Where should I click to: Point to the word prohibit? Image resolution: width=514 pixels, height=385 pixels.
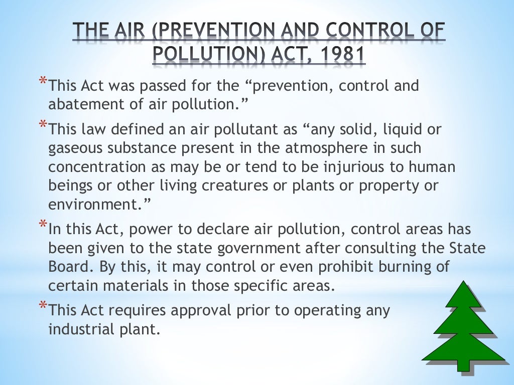pyautogui.click(x=304, y=266)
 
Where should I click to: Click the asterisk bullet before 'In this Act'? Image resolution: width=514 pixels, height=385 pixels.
pyautogui.click(x=44, y=225)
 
